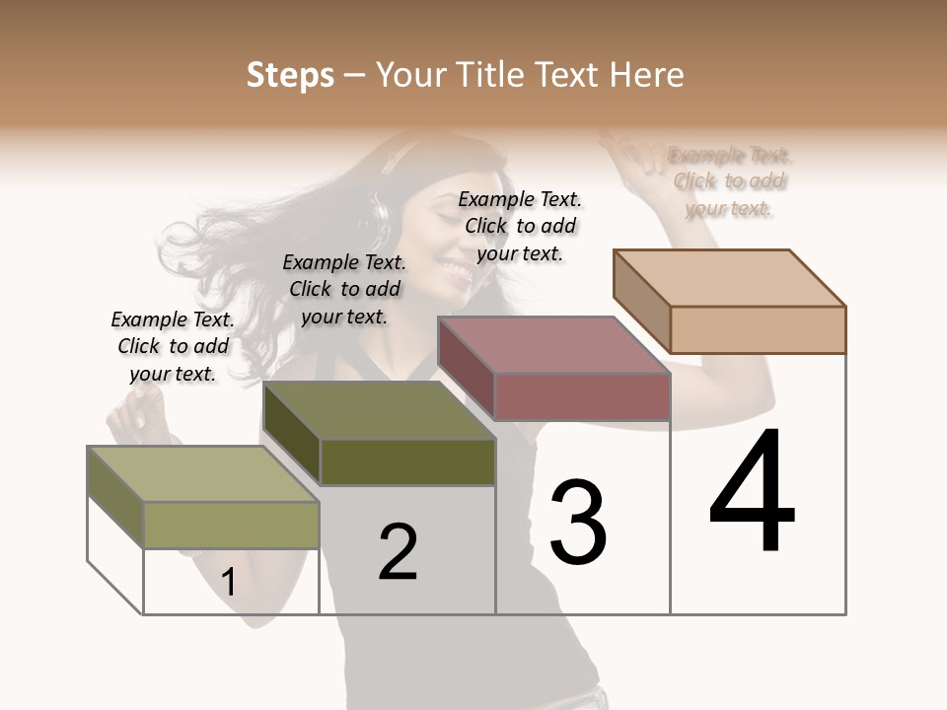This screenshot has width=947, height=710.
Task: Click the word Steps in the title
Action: click(290, 75)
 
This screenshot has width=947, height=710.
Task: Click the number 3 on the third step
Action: click(578, 522)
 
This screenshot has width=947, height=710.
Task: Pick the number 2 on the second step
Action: click(399, 552)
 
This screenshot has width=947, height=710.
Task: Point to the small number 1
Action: click(228, 582)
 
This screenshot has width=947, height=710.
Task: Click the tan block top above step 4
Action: click(730, 277)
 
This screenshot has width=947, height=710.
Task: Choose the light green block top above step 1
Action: click(203, 474)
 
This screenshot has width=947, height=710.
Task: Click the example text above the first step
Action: click(173, 346)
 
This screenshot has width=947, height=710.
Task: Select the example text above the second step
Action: click(344, 289)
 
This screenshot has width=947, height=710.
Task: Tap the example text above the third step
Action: click(520, 226)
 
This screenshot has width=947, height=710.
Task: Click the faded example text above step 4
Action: click(730, 181)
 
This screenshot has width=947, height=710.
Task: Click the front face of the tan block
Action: click(758, 329)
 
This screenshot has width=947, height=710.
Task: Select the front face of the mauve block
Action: click(582, 396)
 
